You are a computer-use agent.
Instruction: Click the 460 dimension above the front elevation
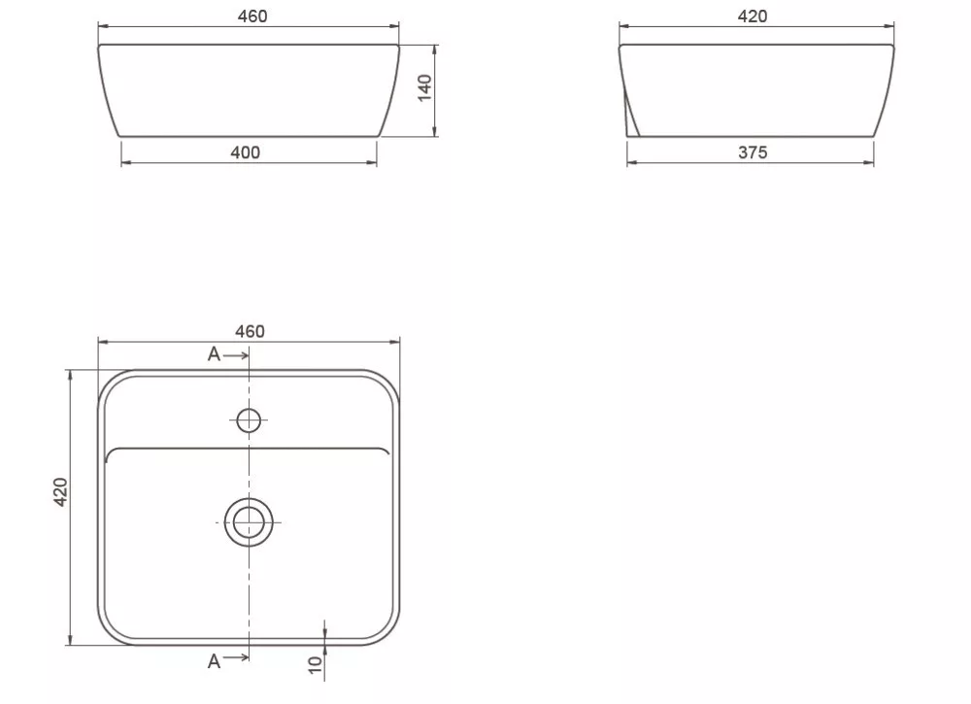[x=252, y=17]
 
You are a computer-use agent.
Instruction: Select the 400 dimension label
[x=246, y=152]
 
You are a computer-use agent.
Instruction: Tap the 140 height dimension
[x=425, y=88]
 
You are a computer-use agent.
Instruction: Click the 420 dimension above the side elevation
[x=753, y=17]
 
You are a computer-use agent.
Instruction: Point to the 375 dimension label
[x=753, y=152]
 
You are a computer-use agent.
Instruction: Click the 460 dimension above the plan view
[x=250, y=331]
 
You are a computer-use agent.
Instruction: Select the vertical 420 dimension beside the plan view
[x=60, y=491]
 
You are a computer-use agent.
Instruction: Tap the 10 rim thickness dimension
[x=316, y=665]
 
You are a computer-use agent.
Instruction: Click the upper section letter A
[x=214, y=354]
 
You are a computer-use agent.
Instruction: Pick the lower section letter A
[x=214, y=661]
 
